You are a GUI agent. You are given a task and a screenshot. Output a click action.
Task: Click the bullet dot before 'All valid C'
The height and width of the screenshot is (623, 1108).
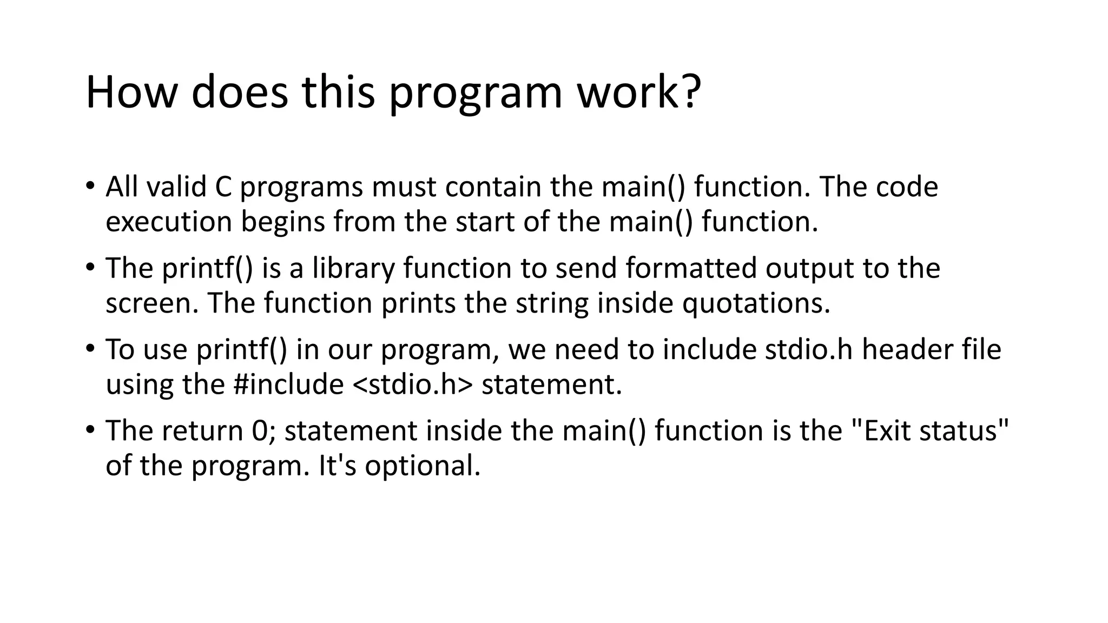pos(90,186)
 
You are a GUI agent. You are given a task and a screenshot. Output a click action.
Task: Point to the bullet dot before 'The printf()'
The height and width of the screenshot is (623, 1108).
pos(90,268)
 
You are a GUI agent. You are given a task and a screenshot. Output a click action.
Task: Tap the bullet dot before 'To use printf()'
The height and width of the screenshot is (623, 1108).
pos(90,349)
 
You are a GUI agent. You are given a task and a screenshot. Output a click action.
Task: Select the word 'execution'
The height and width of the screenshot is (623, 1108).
pos(168,222)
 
